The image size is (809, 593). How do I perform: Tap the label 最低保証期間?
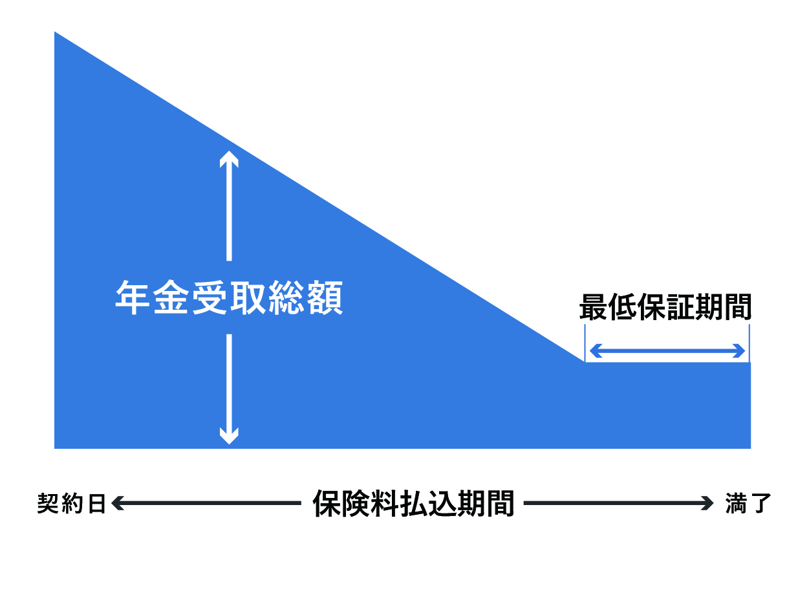coord(665,308)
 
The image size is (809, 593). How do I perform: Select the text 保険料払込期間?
coord(413,502)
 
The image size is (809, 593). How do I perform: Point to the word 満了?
coord(748,503)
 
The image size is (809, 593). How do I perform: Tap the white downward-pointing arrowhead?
coord(229,436)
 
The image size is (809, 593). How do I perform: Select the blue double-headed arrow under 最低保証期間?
coord(667,351)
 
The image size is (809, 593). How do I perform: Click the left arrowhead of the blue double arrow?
coord(594,351)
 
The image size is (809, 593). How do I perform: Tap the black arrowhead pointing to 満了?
coord(709,503)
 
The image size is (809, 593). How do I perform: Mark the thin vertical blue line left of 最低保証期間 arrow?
coord(585,343)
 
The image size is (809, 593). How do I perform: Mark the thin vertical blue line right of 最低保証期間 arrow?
coord(749,343)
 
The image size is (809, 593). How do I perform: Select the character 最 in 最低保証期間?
coord(592,308)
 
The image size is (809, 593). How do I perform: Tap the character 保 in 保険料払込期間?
coord(327,502)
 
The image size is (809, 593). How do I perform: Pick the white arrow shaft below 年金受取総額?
coord(229,382)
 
